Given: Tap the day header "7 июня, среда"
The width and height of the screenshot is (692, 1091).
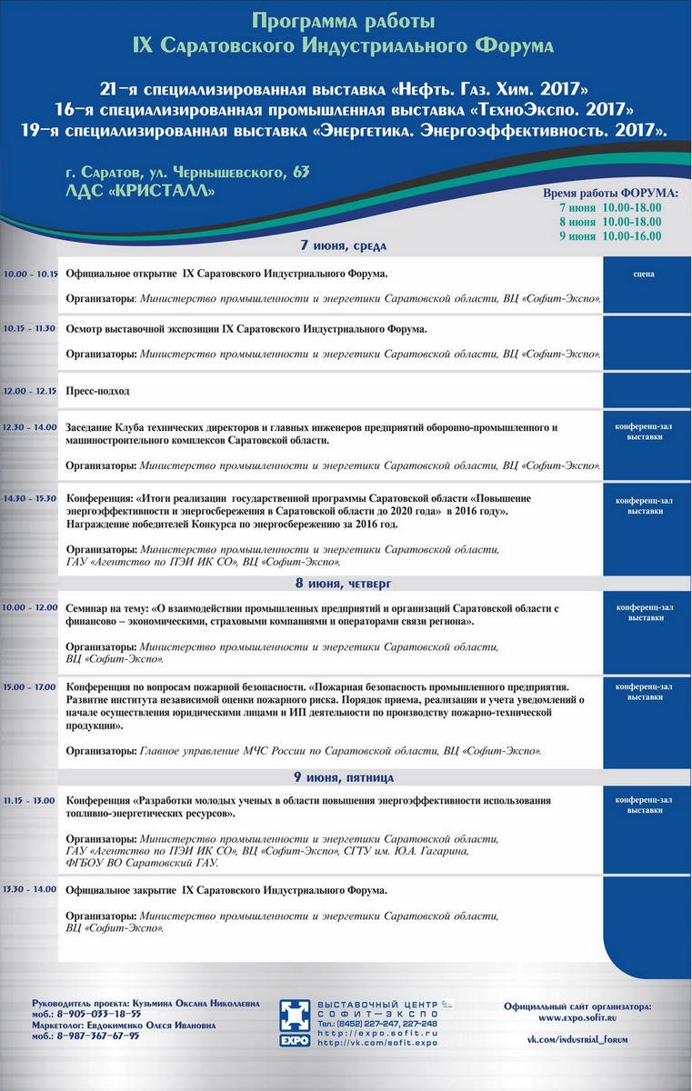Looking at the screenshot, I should coord(345,245).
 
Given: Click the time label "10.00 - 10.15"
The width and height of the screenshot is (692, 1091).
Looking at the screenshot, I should coord(30,274).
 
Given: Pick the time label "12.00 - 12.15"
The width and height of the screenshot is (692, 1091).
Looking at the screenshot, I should coord(29,390).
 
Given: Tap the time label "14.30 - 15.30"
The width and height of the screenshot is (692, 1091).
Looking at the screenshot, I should coord(29,498).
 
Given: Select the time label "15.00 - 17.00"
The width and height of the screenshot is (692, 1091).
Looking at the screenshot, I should coord(29,686).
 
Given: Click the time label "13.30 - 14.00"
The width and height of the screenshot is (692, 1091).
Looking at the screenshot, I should coord(29,890).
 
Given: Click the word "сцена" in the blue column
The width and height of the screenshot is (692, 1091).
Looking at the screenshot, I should coord(645,274).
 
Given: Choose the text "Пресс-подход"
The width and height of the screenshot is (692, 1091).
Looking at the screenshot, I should coord(97,391).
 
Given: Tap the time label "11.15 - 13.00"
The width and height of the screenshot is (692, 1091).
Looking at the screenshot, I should coord(29,800).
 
